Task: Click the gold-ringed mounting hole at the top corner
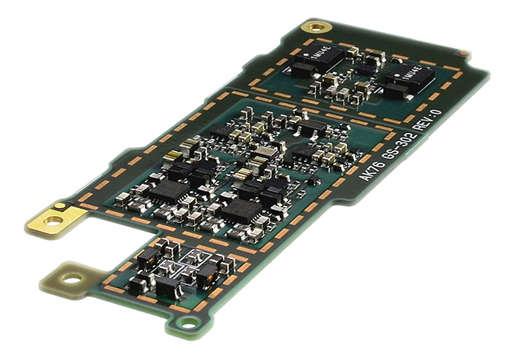316,28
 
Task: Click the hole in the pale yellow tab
72,278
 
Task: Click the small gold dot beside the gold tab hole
60,207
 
